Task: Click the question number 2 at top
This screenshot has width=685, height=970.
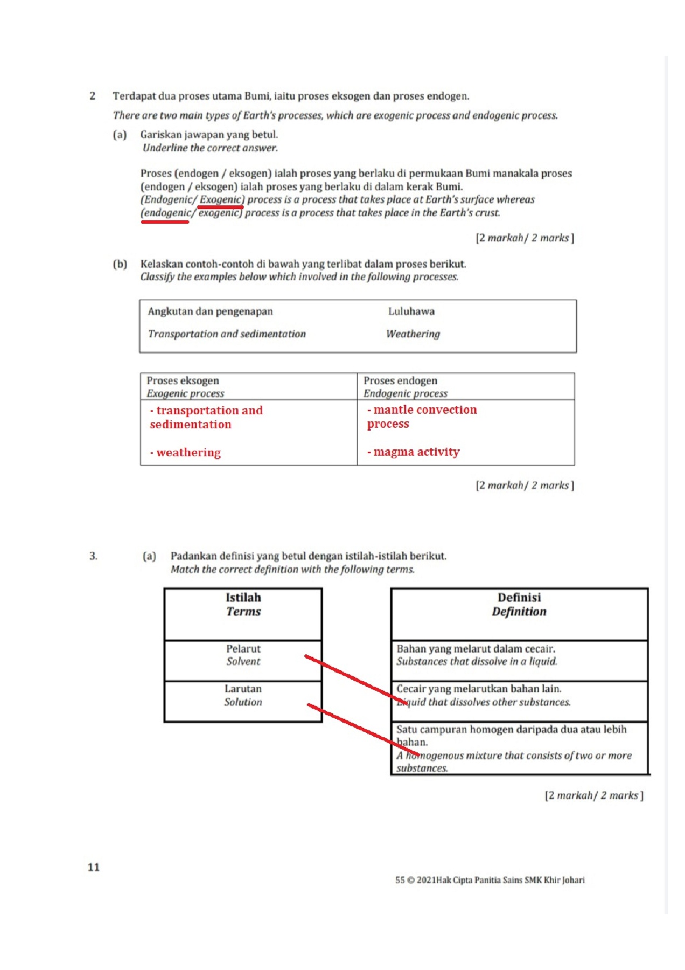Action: tap(93, 96)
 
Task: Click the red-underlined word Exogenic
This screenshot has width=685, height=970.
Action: tap(220, 200)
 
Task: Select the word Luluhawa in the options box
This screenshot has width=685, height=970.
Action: tap(411, 311)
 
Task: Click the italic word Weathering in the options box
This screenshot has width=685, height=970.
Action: tap(413, 334)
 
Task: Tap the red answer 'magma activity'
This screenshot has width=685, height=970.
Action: tap(416, 452)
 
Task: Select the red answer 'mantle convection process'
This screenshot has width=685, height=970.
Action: tap(422, 417)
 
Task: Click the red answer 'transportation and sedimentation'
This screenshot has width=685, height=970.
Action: tap(206, 418)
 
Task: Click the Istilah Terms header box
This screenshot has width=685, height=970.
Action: tap(243, 613)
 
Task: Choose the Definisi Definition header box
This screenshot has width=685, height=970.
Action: tap(519, 613)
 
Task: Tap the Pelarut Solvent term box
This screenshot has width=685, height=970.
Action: tap(243, 660)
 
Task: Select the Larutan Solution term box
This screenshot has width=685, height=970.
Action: tap(243, 701)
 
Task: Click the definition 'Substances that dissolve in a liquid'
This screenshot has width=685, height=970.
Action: tap(477, 661)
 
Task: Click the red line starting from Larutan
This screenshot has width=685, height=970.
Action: tap(361, 727)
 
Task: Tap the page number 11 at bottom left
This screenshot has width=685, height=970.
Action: tap(94, 867)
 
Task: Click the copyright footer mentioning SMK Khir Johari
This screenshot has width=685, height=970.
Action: tap(490, 880)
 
